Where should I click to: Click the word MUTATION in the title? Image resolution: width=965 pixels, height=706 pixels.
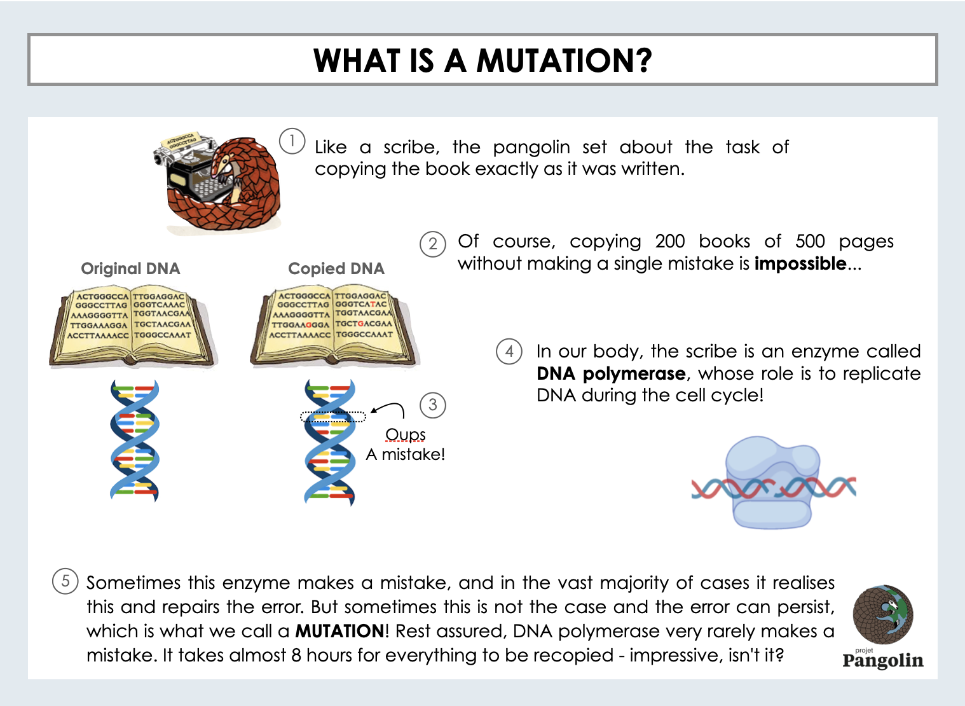tap(564, 60)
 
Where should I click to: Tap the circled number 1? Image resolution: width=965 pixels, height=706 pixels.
tap(292, 141)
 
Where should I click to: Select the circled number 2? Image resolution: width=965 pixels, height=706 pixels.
tap(432, 244)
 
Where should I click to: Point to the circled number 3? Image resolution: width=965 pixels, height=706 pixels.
tap(432, 405)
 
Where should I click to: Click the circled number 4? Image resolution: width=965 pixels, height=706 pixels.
tap(509, 351)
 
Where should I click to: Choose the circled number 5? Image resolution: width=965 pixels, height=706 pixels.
tap(65, 581)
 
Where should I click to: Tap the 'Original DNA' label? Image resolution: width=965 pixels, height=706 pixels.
tap(130, 268)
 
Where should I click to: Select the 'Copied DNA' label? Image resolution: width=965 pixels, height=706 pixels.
tap(336, 268)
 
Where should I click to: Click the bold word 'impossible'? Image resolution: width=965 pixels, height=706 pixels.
tap(800, 263)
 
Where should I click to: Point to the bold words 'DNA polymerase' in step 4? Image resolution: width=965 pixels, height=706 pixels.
tap(611, 373)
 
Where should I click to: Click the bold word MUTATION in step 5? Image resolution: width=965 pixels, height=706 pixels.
tap(339, 631)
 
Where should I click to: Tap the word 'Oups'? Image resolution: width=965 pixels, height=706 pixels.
tap(406, 434)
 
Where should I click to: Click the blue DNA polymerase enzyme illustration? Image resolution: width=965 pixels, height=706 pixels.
tap(772, 483)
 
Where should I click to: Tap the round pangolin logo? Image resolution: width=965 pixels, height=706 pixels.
tap(883, 614)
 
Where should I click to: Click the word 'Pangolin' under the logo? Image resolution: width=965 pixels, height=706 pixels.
tap(883, 660)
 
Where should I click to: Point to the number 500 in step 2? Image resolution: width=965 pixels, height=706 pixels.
tap(810, 241)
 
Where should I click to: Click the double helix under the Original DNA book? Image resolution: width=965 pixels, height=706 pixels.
tap(134, 441)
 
